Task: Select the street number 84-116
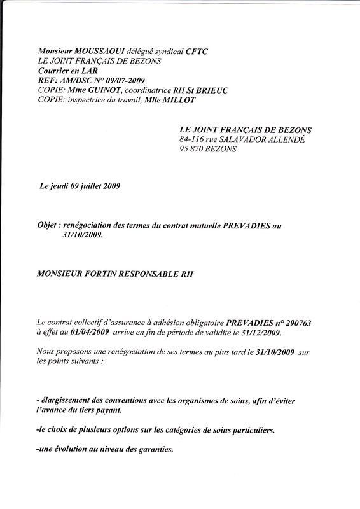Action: click(194, 139)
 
